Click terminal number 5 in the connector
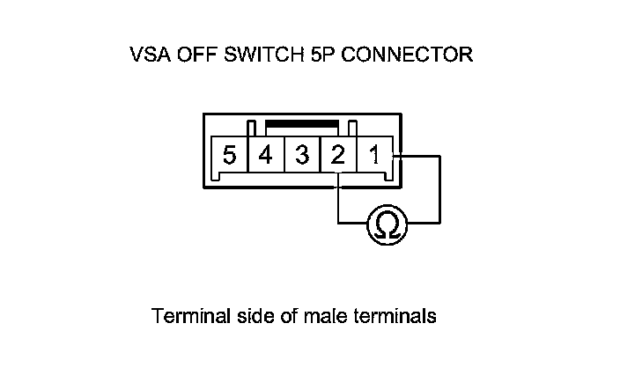[230, 157]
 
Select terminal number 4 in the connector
[265, 157]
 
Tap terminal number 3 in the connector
[301, 157]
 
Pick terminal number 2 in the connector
[337, 157]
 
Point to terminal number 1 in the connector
[373, 157]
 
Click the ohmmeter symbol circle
[384, 224]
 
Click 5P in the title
[320, 55]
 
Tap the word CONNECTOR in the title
[407, 55]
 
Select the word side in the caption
[247, 315]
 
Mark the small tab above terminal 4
[251, 128]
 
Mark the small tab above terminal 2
[352, 128]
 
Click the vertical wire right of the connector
[439, 189]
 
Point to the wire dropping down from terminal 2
[337, 198]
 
